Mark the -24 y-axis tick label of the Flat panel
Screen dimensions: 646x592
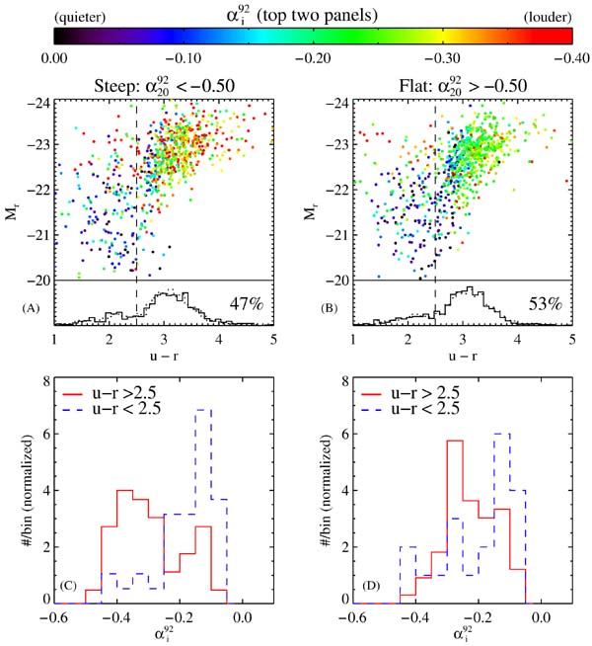[338, 102]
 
